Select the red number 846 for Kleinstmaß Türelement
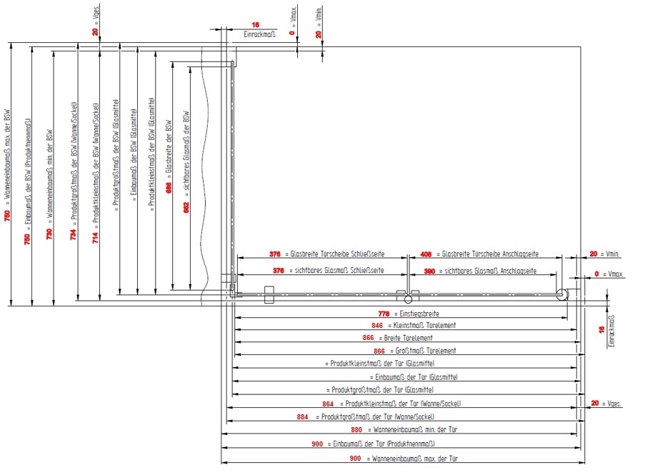pyautogui.click(x=368, y=326)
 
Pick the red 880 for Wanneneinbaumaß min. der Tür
pyautogui.click(x=356, y=431)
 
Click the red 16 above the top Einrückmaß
pyautogui.click(x=256, y=24)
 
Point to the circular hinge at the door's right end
pyautogui.click(x=563, y=294)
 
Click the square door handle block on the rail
pyautogui.click(x=269, y=294)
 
